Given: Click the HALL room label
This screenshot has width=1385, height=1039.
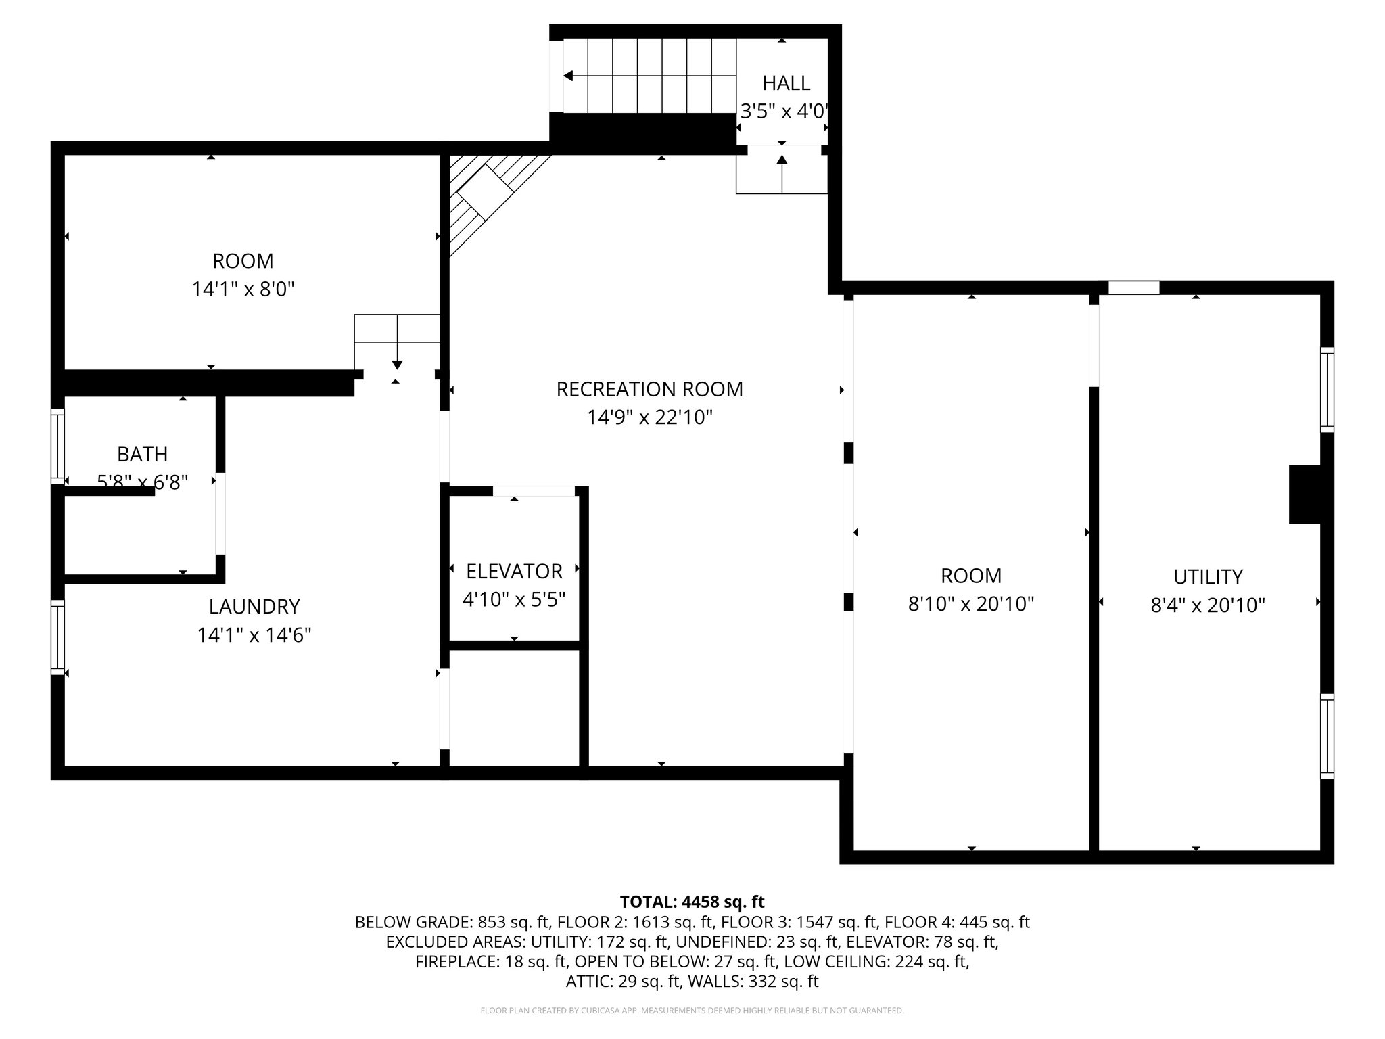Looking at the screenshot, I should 786,83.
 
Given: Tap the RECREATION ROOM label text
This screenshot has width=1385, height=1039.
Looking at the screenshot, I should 649,389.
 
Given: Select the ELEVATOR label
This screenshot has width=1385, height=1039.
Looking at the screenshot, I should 514,572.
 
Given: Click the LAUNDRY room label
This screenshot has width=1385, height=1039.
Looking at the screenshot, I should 254,606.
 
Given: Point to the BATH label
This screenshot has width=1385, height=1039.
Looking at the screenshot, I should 142,454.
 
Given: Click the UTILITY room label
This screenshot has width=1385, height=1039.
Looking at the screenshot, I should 1208,577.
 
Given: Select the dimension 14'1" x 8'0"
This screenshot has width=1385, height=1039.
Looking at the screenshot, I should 243,290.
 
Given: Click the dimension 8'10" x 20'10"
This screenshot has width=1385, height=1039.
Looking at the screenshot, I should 971,604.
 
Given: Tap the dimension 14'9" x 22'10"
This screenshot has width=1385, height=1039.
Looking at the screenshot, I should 649,417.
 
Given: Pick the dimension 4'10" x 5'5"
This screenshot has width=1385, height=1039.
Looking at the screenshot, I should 514,600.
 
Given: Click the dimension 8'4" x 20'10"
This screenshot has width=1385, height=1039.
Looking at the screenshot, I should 1208,605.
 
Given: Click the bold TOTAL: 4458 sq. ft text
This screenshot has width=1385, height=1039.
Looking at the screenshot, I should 692,902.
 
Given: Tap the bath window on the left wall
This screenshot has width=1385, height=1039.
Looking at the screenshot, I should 58,446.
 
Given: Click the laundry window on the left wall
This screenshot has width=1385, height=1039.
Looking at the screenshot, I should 58,637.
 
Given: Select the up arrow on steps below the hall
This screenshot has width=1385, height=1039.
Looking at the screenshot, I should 782,162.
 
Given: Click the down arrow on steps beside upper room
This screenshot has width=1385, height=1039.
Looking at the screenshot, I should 397,363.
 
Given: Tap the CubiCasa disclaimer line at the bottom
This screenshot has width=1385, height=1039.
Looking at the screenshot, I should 692,1011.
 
